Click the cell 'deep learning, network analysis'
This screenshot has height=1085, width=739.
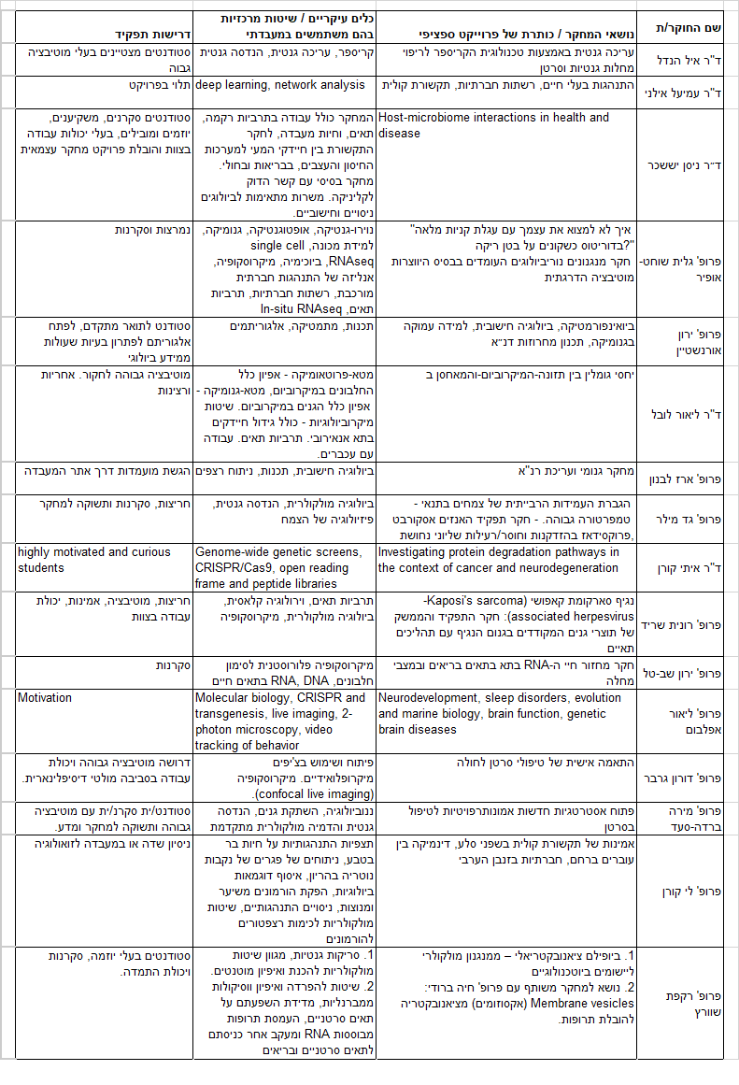click(280, 85)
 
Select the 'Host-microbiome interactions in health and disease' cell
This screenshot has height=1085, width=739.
click(493, 125)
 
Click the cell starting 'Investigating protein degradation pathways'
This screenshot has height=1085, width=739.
click(498, 559)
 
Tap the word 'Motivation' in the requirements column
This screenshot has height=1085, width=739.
click(45, 698)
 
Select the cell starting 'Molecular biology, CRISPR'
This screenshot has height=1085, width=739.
click(280, 721)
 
